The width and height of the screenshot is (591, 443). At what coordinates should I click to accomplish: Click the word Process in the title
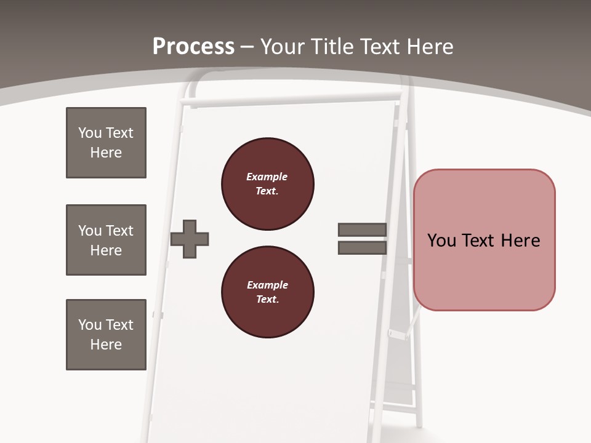[193, 46]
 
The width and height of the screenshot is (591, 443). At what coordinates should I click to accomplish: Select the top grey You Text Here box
[106, 143]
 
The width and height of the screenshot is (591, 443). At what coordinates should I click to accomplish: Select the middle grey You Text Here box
[106, 240]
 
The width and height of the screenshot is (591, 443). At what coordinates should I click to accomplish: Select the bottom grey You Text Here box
[106, 335]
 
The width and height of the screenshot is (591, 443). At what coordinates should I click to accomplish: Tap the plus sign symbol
[190, 239]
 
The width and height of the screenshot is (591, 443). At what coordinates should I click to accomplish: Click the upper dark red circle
[267, 184]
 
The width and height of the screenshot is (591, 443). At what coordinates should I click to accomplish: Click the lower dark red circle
[267, 292]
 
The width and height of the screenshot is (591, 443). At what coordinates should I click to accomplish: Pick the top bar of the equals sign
[362, 229]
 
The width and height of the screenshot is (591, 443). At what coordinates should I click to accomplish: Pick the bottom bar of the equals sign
[362, 248]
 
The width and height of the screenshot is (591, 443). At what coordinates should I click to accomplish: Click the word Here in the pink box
[520, 241]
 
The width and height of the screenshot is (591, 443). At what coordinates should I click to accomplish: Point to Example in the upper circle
[267, 177]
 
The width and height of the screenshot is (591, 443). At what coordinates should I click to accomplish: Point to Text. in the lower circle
[267, 300]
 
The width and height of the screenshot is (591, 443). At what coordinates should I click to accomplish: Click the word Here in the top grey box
[106, 153]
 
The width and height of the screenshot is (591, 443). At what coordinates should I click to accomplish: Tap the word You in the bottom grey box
[90, 325]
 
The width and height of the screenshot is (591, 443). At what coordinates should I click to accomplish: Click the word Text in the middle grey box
[119, 231]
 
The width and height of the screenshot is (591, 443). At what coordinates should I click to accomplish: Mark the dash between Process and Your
[247, 47]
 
